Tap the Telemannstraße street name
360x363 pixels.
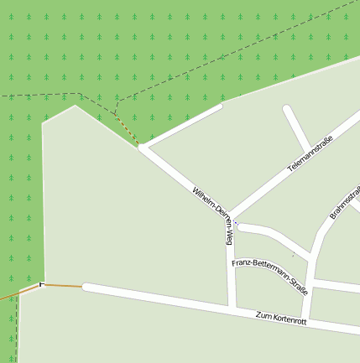point(310,153)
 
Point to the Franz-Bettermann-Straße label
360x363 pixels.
point(270,277)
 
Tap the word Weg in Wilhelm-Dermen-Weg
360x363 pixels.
point(227,234)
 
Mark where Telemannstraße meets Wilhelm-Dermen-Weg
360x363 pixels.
point(232,216)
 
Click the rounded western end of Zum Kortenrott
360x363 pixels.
point(86,288)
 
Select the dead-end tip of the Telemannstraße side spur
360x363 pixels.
point(288,110)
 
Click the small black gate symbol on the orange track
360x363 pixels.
point(39,286)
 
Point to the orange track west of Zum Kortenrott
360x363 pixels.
point(63,286)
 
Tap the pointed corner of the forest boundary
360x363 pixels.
point(76,105)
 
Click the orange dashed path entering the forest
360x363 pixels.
point(126,130)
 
